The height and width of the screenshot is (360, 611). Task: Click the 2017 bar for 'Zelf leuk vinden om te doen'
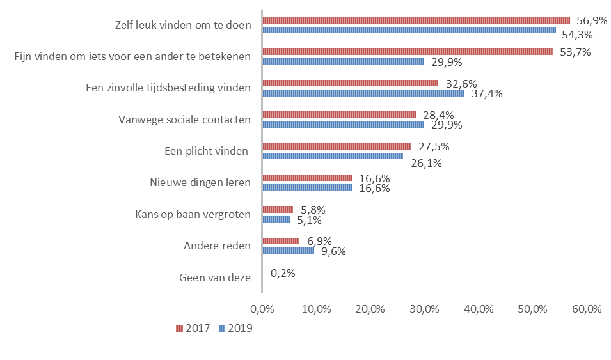(416, 20)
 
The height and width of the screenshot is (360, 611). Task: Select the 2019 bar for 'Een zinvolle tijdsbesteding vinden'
(363, 93)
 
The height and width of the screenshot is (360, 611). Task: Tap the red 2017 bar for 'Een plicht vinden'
(337, 146)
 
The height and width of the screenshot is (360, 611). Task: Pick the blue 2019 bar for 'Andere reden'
(289, 251)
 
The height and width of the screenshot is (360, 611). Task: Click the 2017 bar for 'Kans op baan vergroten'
(278, 209)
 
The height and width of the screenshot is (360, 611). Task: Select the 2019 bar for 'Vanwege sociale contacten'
(343, 125)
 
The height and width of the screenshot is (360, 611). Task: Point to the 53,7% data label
(575, 52)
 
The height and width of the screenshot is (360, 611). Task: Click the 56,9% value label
(591, 20)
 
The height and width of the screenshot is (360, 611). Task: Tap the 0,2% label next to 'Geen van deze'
(283, 273)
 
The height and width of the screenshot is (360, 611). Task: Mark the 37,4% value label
(486, 94)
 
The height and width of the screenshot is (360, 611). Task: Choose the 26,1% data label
(425, 163)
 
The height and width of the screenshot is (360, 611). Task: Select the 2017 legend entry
(193, 328)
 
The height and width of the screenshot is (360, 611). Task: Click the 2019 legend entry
(235, 328)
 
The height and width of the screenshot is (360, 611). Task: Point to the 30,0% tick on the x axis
(424, 309)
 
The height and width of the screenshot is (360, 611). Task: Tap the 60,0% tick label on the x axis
(587, 309)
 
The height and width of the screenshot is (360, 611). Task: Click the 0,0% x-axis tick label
(262, 309)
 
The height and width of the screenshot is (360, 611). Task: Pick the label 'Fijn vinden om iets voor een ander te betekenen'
(132, 57)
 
